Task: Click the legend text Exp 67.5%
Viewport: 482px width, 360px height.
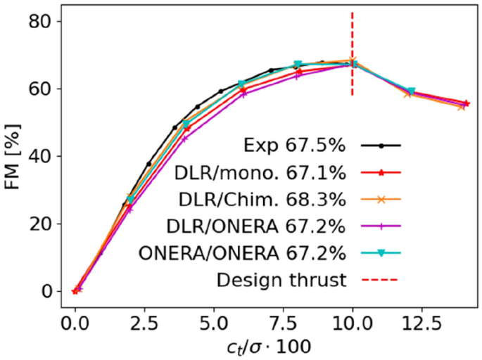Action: click(291, 146)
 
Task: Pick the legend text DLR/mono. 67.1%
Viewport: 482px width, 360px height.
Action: click(260, 173)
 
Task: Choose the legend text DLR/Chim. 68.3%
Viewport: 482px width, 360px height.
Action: click(260, 200)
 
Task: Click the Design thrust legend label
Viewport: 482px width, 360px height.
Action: click(282, 280)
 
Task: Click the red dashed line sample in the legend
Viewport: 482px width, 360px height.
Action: click(381, 280)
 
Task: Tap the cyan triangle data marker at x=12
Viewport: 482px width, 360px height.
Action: click(411, 91)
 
